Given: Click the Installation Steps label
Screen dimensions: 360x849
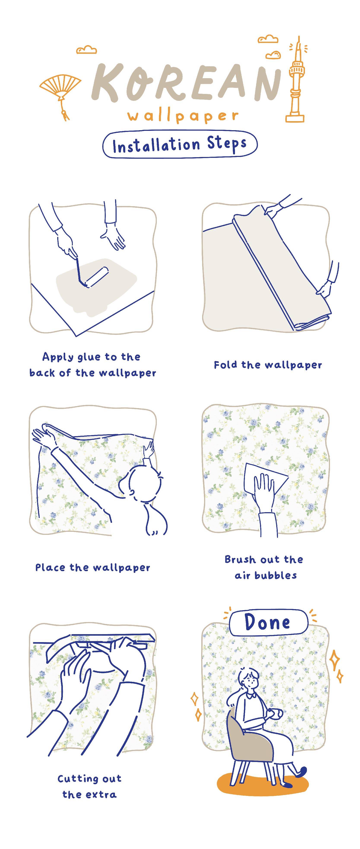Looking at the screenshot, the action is pyautogui.click(x=180, y=144).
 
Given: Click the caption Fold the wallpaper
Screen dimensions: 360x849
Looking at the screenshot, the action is pyautogui.click(x=268, y=365).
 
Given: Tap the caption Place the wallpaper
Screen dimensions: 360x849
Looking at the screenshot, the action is pyautogui.click(x=93, y=567).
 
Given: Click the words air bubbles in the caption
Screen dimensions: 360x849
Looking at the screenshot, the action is pyautogui.click(x=266, y=575).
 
